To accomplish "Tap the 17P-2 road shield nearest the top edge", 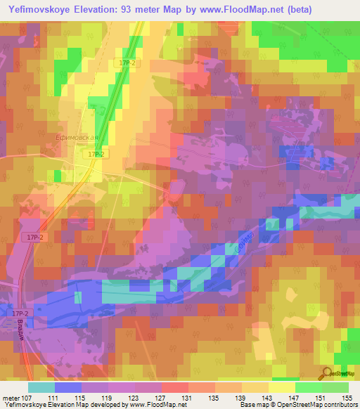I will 127,63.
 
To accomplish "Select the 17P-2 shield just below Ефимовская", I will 96,153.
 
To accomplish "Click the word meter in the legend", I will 12,398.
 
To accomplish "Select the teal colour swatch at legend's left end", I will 41,387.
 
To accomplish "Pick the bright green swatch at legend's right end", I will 335,387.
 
